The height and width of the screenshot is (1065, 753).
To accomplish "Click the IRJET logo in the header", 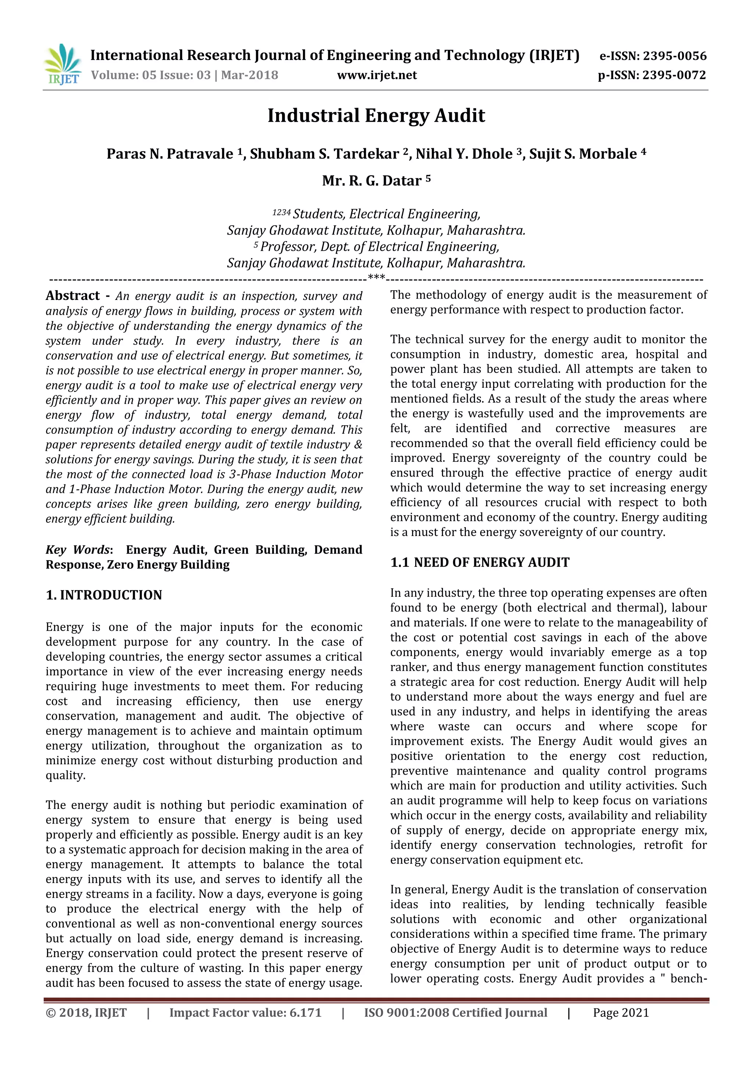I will coord(62,64).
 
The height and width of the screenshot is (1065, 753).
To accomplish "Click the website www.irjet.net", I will coord(377,75).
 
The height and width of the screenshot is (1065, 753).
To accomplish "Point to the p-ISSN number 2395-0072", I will coord(674,75).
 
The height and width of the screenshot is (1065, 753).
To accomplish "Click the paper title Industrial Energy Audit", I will coord(376,115).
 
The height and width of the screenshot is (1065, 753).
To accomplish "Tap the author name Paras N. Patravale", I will coord(170,154).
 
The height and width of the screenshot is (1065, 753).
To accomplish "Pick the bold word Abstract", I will coord(73,296).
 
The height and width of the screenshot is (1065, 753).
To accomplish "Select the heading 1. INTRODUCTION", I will coord(104,595).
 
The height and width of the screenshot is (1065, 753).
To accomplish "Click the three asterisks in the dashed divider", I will coord(376,278).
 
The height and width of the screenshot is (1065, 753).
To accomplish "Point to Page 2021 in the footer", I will coord(620,1012).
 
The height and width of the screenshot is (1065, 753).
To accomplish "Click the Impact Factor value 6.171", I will coord(305,1012).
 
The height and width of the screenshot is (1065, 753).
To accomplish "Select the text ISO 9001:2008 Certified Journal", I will coord(456,1012).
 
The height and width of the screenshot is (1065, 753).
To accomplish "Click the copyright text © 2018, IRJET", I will coord(86,1012).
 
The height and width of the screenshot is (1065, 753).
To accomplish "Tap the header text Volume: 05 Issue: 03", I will coord(151,75).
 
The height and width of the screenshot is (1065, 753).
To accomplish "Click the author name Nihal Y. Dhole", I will coord(464,154).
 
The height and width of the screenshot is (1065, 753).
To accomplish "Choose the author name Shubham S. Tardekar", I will coord(324,154).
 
